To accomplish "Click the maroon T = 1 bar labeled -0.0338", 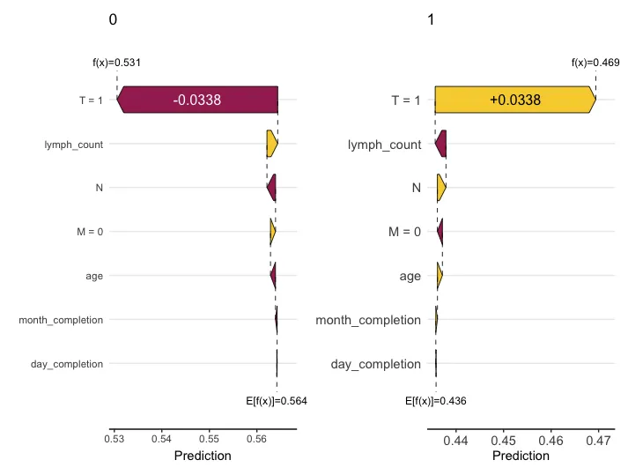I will (197, 100).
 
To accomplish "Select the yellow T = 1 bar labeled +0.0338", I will (515, 100).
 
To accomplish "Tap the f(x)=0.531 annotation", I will (117, 63).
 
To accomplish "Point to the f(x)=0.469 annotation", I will (595, 63).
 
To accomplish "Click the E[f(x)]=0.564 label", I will (276, 401).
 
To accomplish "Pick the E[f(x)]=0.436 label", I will (435, 401).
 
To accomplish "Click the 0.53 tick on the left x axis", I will (115, 438).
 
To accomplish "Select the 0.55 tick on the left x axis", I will (209, 438).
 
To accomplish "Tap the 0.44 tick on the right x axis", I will (455, 438).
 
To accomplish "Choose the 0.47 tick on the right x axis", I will (598, 438).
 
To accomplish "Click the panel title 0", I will (112, 20).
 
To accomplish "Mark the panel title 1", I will (430, 20).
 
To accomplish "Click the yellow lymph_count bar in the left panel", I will (272, 144).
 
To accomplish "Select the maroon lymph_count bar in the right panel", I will (441, 144).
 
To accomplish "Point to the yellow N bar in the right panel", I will (441, 188).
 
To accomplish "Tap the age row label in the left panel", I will (94, 276).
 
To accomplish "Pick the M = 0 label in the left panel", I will (90, 232).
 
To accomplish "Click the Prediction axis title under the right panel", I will (521, 456).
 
